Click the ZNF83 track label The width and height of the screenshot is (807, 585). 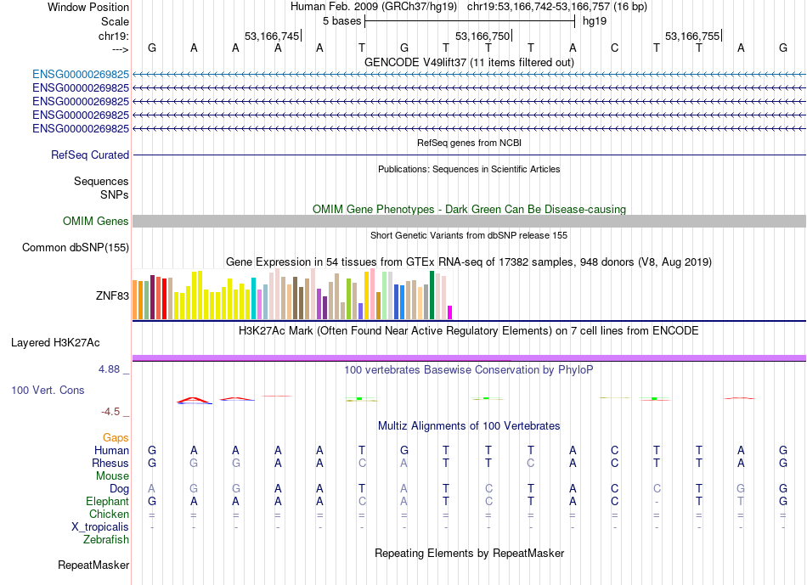tap(112, 295)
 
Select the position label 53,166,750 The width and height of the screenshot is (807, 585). tap(483, 36)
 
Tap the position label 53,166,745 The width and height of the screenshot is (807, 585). tap(272, 36)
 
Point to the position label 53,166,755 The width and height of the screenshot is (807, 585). tap(692, 36)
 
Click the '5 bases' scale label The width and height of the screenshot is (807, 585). tap(341, 21)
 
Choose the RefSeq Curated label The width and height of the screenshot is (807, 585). tap(90, 155)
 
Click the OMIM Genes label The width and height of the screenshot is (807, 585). tap(96, 222)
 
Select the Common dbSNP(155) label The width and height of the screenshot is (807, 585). tap(76, 247)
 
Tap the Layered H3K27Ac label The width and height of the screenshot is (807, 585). tap(55, 343)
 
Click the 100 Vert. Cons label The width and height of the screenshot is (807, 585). tap(48, 390)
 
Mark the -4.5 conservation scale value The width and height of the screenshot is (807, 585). tap(110, 412)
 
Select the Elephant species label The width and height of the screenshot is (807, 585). tap(108, 501)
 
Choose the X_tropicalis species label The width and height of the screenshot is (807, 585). tap(100, 527)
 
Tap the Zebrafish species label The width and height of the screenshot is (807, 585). tap(106, 540)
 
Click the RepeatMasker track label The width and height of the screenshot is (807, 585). tap(93, 565)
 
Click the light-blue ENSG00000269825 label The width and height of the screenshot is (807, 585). tap(81, 75)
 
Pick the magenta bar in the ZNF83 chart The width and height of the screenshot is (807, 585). tap(450, 312)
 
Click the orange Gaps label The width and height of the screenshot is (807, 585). tap(116, 437)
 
